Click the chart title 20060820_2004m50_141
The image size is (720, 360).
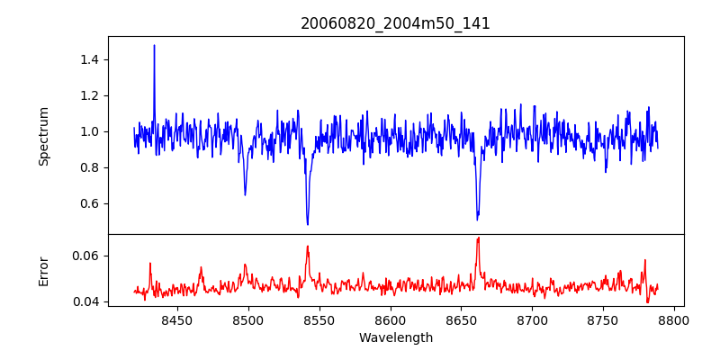click(x=395, y=23)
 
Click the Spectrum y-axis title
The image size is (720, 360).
click(x=43, y=136)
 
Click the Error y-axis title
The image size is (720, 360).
click(x=43, y=271)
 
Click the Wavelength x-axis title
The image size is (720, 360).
click(x=395, y=338)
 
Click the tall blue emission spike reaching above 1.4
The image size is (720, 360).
click(x=154, y=46)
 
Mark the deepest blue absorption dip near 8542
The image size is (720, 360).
click(x=308, y=224)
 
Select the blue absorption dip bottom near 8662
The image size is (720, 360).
click(x=477, y=219)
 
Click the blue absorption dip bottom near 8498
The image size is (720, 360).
click(x=245, y=194)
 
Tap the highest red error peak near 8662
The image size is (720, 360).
click(x=478, y=238)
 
